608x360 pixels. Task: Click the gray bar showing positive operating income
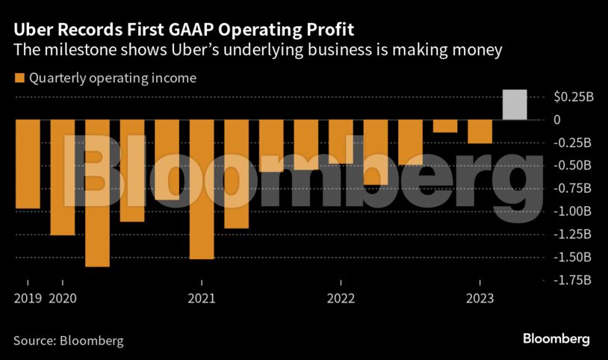[x=515, y=105]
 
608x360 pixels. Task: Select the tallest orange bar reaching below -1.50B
[x=97, y=193]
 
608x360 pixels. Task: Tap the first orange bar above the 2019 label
[x=28, y=164]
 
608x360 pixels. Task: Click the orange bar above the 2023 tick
[x=480, y=131]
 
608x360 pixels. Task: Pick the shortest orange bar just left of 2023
[x=445, y=126]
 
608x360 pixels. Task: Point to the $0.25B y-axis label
[x=573, y=97]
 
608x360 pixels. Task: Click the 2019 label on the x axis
[x=28, y=299]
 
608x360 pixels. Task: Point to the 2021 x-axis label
[x=202, y=299]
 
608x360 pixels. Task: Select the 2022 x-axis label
[x=341, y=299]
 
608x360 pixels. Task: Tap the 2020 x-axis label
[x=62, y=299]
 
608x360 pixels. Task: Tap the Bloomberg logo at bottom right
[x=556, y=339]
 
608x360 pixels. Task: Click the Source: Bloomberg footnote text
[x=69, y=341]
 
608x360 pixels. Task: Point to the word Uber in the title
[x=31, y=31]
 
